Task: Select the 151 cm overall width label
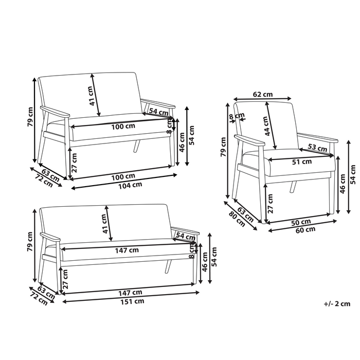point(132,301)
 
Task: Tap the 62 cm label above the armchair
point(263,95)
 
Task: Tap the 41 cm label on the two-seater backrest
point(91,95)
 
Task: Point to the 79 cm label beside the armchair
point(223,147)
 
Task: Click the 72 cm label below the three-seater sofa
point(39,299)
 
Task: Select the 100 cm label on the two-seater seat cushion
point(124,126)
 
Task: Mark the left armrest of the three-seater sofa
point(50,237)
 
